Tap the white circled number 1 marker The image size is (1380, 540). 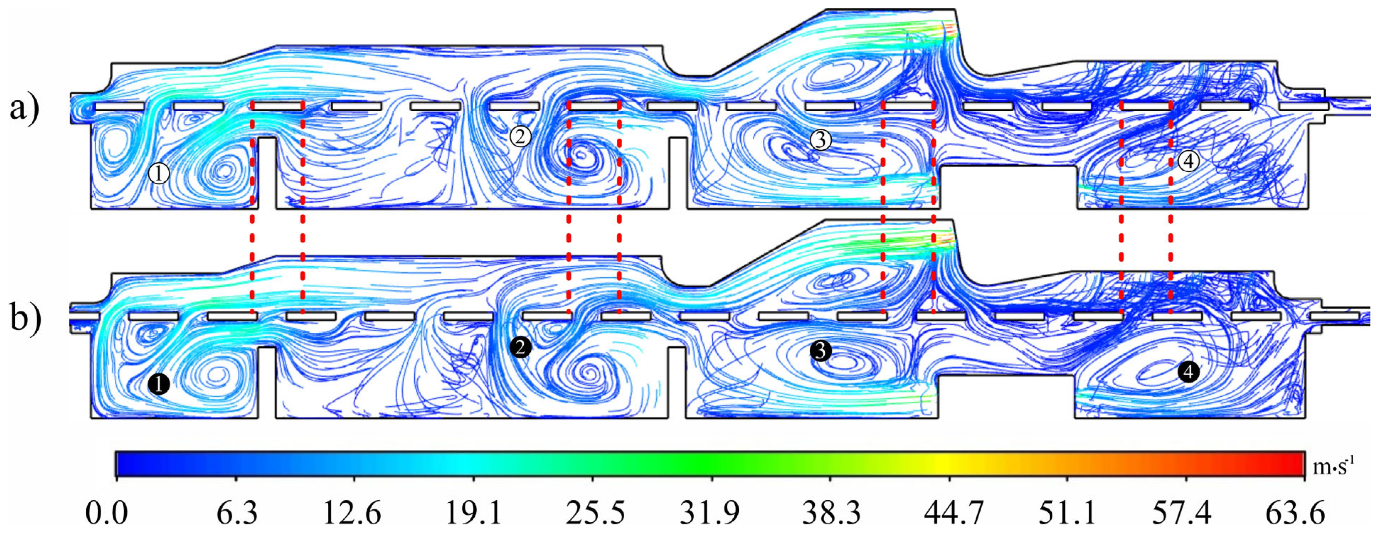point(159,174)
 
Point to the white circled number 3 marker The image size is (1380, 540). point(820,140)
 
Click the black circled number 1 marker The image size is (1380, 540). point(159,384)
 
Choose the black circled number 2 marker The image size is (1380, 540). point(520,347)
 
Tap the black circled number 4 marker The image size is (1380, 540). point(1188,371)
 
